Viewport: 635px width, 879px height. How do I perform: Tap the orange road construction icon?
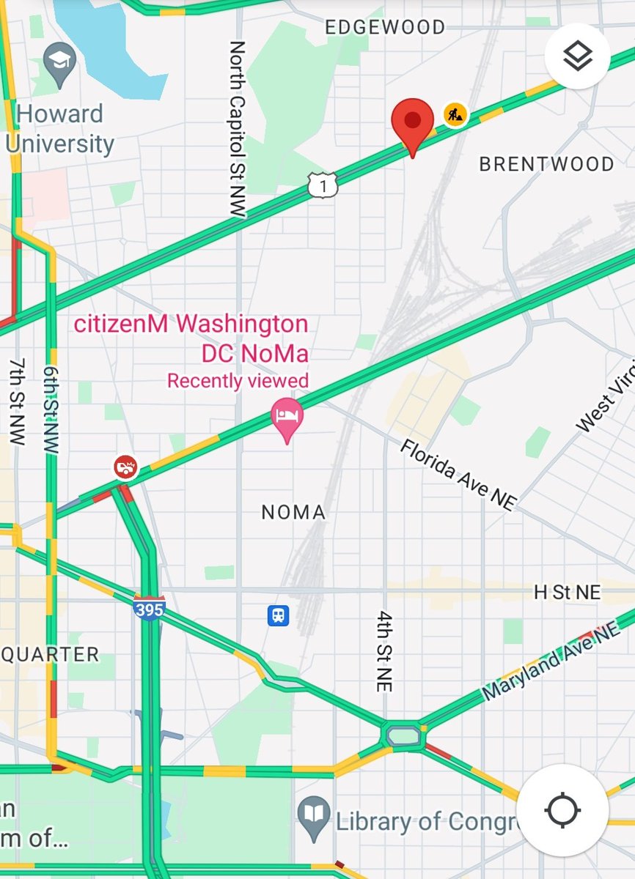(455, 114)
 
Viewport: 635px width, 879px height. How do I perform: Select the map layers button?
(578, 56)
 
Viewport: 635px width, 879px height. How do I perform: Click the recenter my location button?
(562, 810)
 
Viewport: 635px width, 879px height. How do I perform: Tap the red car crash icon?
(125, 467)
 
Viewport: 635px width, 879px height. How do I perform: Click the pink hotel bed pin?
(287, 418)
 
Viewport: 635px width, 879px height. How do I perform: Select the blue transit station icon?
(278, 615)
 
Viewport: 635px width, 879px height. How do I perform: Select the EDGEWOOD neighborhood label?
(385, 28)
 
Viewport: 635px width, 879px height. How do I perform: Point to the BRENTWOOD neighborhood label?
(546, 164)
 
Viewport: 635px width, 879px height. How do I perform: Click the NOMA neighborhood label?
(293, 512)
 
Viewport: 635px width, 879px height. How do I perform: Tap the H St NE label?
(567, 593)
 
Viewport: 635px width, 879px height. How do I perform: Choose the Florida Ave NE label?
(458, 475)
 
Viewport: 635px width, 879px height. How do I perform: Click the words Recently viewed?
(238, 381)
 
